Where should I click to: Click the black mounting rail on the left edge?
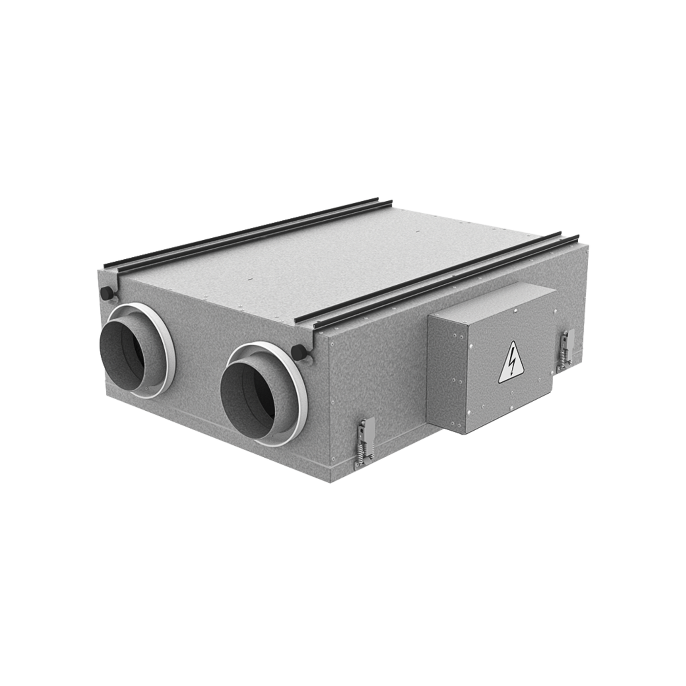tap(247, 233)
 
